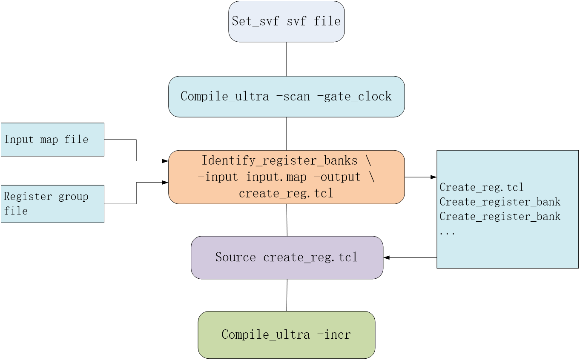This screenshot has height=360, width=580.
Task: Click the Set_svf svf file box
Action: click(286, 21)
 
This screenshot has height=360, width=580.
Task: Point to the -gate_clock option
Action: click(354, 96)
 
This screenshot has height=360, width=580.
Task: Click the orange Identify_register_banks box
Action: click(286, 177)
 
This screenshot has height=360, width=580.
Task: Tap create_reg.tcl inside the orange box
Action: click(286, 193)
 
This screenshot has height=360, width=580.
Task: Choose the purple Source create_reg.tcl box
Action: click(287, 257)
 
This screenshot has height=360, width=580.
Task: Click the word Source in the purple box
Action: click(235, 257)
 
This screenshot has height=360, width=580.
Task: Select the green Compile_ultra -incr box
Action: click(286, 334)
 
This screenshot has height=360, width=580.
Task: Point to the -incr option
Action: click(334, 334)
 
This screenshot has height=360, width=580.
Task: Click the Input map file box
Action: click(52, 140)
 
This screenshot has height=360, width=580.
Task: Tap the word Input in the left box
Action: click(19, 140)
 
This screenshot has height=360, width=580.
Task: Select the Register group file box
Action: click(52, 204)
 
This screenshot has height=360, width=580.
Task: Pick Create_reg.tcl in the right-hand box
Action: click(481, 187)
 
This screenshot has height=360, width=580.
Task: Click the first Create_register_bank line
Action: click(500, 202)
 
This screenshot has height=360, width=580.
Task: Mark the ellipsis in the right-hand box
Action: click(447, 232)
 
